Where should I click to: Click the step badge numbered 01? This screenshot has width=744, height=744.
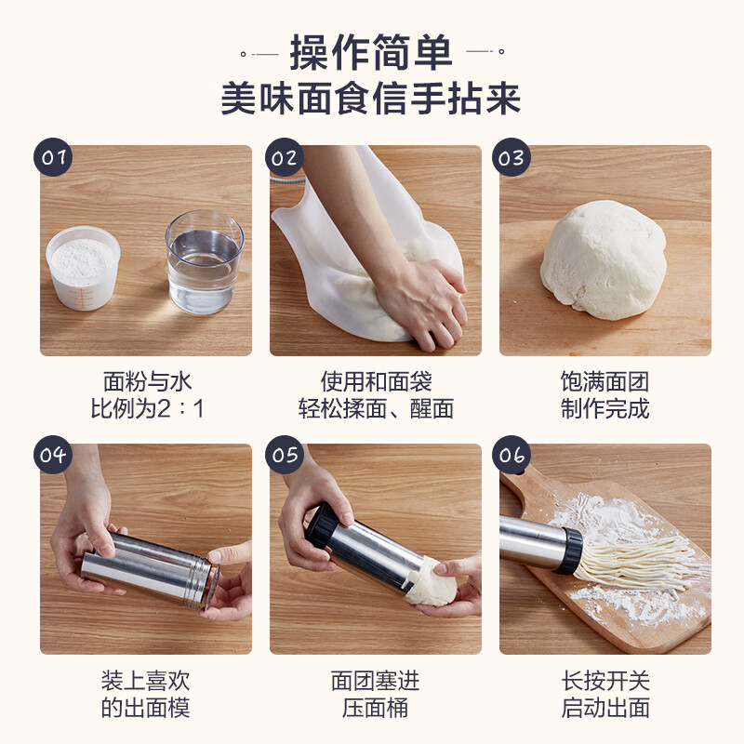[x=54, y=157]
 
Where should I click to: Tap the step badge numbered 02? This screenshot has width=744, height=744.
[x=284, y=157]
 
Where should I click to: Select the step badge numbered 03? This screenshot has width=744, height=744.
[x=512, y=157]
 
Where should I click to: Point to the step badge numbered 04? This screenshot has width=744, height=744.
[x=54, y=455]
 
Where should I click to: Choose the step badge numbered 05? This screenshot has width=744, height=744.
[x=284, y=455]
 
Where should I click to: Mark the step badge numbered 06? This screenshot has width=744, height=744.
[x=512, y=455]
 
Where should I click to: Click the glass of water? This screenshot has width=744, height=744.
[x=205, y=263]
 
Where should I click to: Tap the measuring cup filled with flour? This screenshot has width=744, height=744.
[x=84, y=269]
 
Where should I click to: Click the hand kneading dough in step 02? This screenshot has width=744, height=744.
[x=418, y=298]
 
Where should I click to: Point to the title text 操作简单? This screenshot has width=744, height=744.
[x=371, y=52]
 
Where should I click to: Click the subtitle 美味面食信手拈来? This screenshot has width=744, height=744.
[x=371, y=99]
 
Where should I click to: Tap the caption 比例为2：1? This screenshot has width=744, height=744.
[x=146, y=408]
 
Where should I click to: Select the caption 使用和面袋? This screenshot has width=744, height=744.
[x=376, y=381]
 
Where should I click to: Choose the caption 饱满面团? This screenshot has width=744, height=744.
[x=604, y=381]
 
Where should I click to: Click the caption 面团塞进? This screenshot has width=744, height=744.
[x=376, y=680]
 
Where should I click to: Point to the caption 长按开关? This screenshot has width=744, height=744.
[x=604, y=680]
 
